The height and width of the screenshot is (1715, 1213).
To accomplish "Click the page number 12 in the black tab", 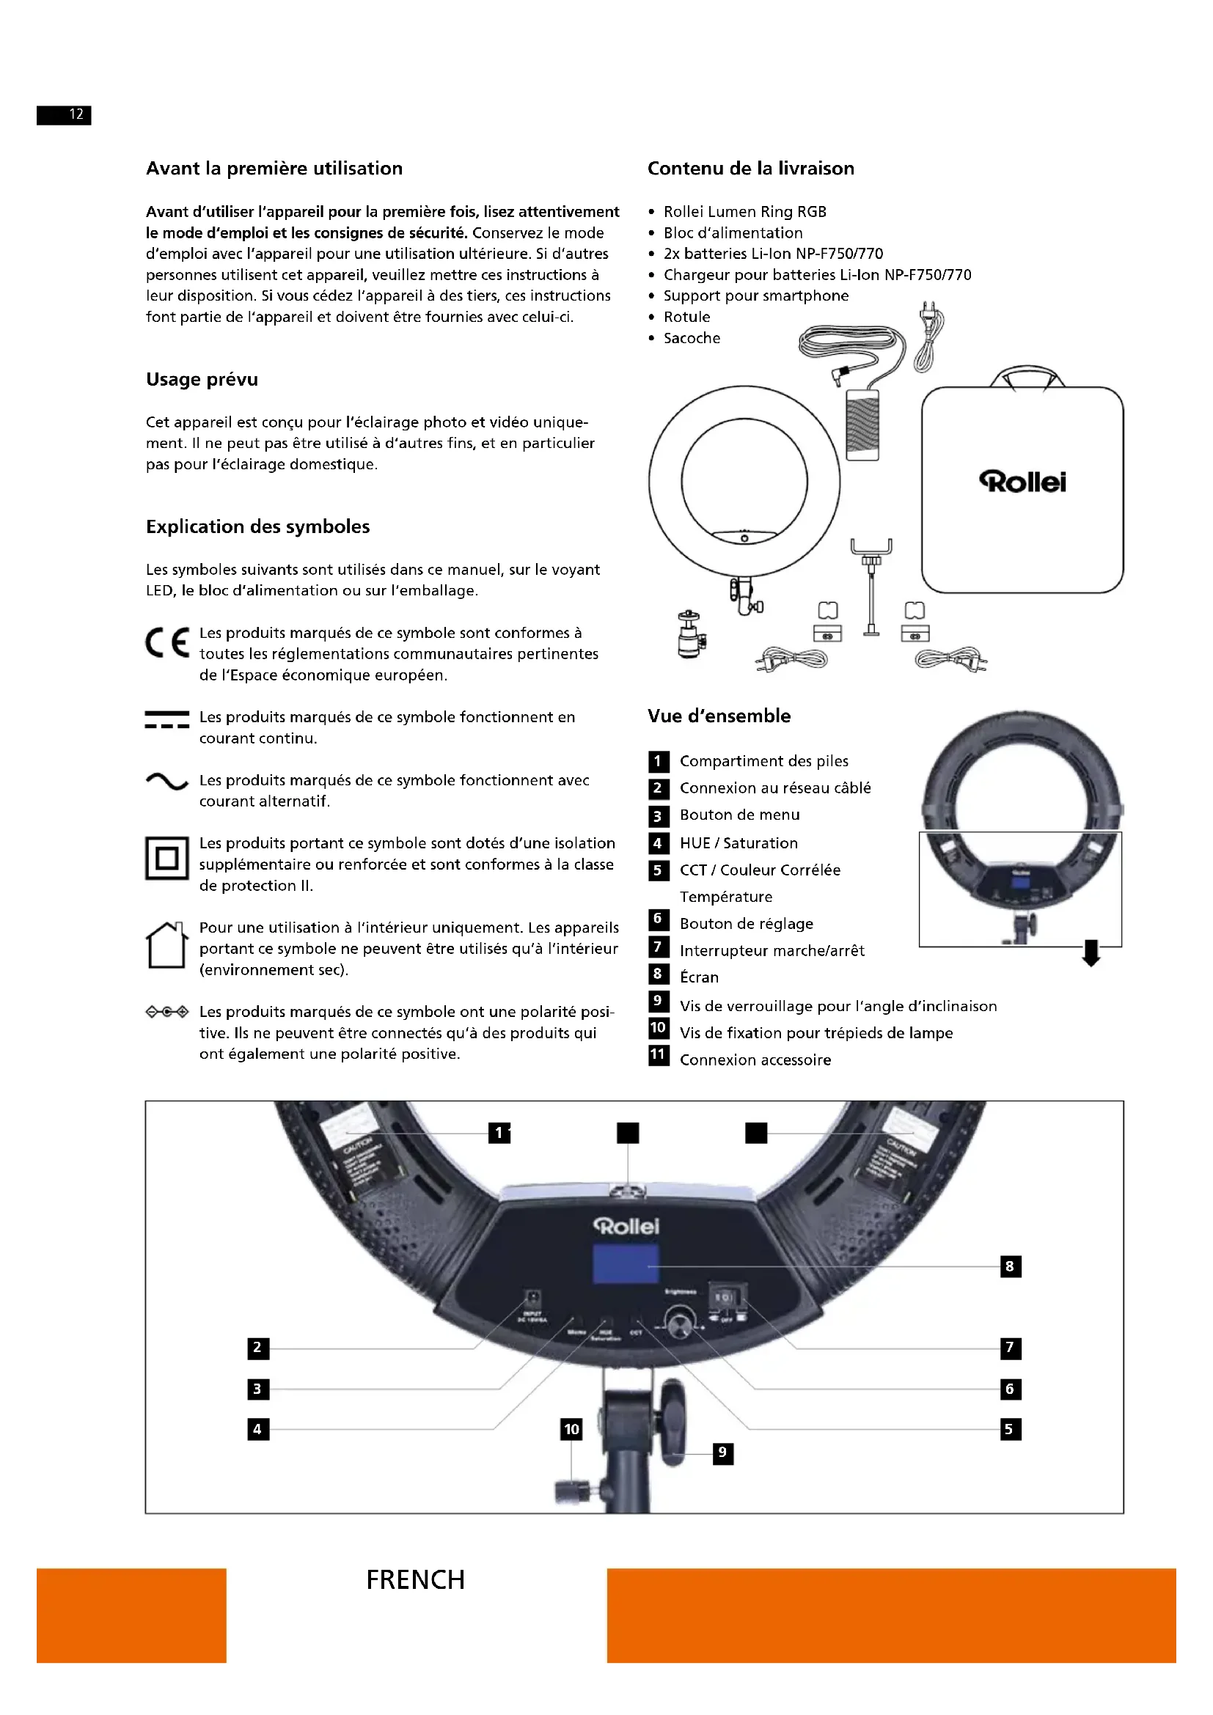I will [x=76, y=114].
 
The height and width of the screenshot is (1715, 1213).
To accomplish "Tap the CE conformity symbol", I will [x=167, y=642].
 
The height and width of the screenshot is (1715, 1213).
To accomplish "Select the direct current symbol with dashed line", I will [x=166, y=719].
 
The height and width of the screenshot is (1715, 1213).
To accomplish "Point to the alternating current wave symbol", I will [x=166, y=782].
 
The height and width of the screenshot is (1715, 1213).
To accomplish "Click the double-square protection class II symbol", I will [x=166, y=858].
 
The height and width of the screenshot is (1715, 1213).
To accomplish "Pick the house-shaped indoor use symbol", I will [x=166, y=945].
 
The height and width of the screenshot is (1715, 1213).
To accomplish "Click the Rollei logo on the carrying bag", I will [x=1022, y=482].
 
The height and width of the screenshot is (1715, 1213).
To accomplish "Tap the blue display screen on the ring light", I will [x=626, y=1264].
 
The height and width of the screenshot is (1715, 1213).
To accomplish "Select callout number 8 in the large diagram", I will [x=1010, y=1266].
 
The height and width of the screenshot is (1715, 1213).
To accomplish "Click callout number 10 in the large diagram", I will [x=571, y=1429].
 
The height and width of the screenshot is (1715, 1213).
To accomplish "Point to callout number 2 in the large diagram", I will [x=257, y=1348].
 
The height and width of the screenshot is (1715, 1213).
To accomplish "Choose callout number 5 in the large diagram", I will [x=1010, y=1429].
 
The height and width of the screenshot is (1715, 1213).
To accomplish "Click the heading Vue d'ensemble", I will [x=719, y=716].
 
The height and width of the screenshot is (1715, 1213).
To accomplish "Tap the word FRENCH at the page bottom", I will [x=415, y=1580].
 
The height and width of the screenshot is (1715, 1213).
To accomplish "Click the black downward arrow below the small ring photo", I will [x=1091, y=953].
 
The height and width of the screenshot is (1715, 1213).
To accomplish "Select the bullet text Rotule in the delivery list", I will [x=686, y=317].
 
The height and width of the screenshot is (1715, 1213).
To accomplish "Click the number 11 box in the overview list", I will [x=658, y=1054].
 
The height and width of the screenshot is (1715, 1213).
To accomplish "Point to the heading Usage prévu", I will [x=202, y=380].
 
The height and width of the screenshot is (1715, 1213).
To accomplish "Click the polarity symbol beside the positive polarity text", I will [x=166, y=1012].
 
